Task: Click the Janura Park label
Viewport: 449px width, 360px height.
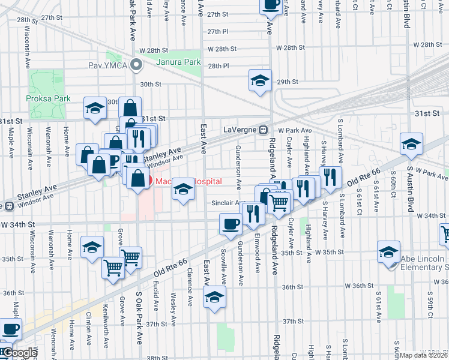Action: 178,62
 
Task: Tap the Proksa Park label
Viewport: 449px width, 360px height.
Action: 52,99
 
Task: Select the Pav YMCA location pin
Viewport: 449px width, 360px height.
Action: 137,65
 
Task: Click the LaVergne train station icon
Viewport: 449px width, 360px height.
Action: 263,130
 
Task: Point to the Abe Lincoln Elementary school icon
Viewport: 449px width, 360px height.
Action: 388,251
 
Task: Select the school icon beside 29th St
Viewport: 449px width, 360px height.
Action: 259,81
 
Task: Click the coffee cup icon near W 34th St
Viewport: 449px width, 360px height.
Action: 231,224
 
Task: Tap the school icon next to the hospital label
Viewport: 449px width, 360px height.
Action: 183,189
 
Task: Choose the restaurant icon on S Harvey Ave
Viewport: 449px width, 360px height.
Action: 330,176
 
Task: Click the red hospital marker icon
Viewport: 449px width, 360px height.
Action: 151,181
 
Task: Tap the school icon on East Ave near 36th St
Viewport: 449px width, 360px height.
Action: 214,297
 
